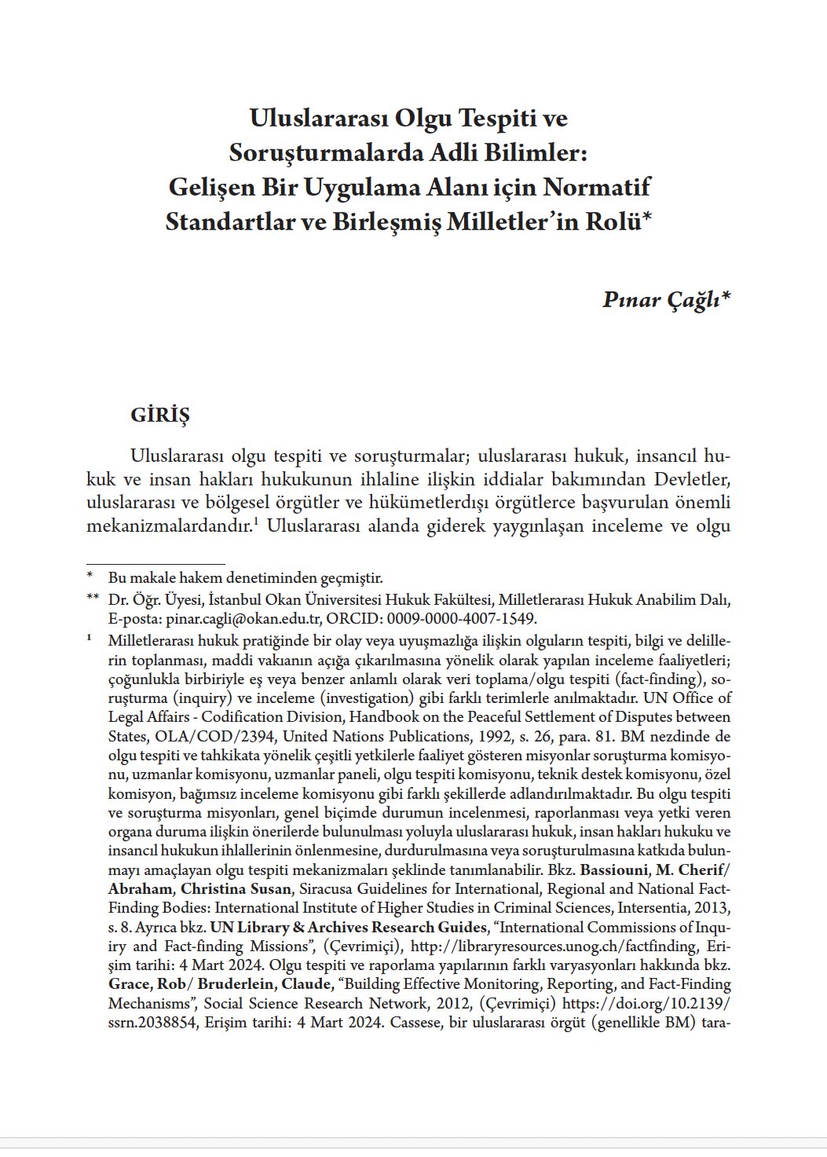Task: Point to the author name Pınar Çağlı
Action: pos(666,299)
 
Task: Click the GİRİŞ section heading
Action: pos(160,416)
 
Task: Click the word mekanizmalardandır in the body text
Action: pos(169,525)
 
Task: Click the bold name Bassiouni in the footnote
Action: pos(620,870)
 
